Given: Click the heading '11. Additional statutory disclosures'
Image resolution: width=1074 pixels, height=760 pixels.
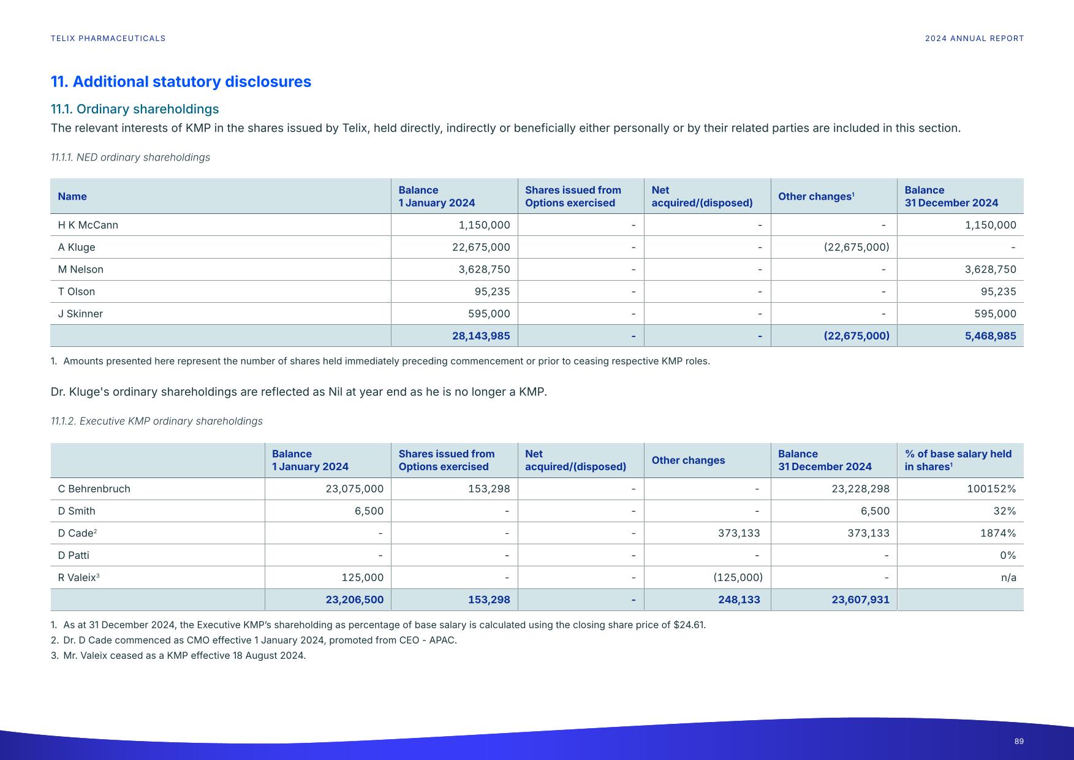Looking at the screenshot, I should click(x=181, y=82).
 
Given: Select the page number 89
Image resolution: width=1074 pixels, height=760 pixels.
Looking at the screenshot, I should click(x=1019, y=742).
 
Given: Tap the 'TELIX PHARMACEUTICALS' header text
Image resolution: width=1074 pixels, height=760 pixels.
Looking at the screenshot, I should click(x=108, y=39).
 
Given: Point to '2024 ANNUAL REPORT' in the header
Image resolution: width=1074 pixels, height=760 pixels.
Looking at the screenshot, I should click(x=974, y=39).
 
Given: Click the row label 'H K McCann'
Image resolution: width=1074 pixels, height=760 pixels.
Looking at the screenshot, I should click(x=88, y=225).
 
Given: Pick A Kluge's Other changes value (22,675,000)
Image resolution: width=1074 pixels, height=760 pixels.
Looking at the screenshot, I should click(x=856, y=247).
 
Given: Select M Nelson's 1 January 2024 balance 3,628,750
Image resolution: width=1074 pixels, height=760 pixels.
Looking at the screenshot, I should click(x=484, y=270).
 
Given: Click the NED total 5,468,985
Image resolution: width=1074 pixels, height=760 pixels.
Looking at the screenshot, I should click(x=990, y=336).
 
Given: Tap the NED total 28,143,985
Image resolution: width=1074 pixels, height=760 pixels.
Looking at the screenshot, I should click(x=481, y=336).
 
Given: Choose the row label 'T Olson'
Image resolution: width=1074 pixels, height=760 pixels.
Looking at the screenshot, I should click(x=77, y=292).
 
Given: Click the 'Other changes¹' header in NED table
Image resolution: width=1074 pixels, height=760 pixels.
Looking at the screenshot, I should click(x=816, y=197).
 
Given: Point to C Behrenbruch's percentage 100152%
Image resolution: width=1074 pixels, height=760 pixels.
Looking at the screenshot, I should click(x=991, y=489).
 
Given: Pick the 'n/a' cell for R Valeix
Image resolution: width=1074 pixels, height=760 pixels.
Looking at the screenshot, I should click(x=1008, y=577).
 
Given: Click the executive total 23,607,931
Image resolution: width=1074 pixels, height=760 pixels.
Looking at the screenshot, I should click(x=860, y=599).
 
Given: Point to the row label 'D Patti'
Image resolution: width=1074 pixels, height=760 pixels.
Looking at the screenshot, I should click(x=74, y=555).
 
